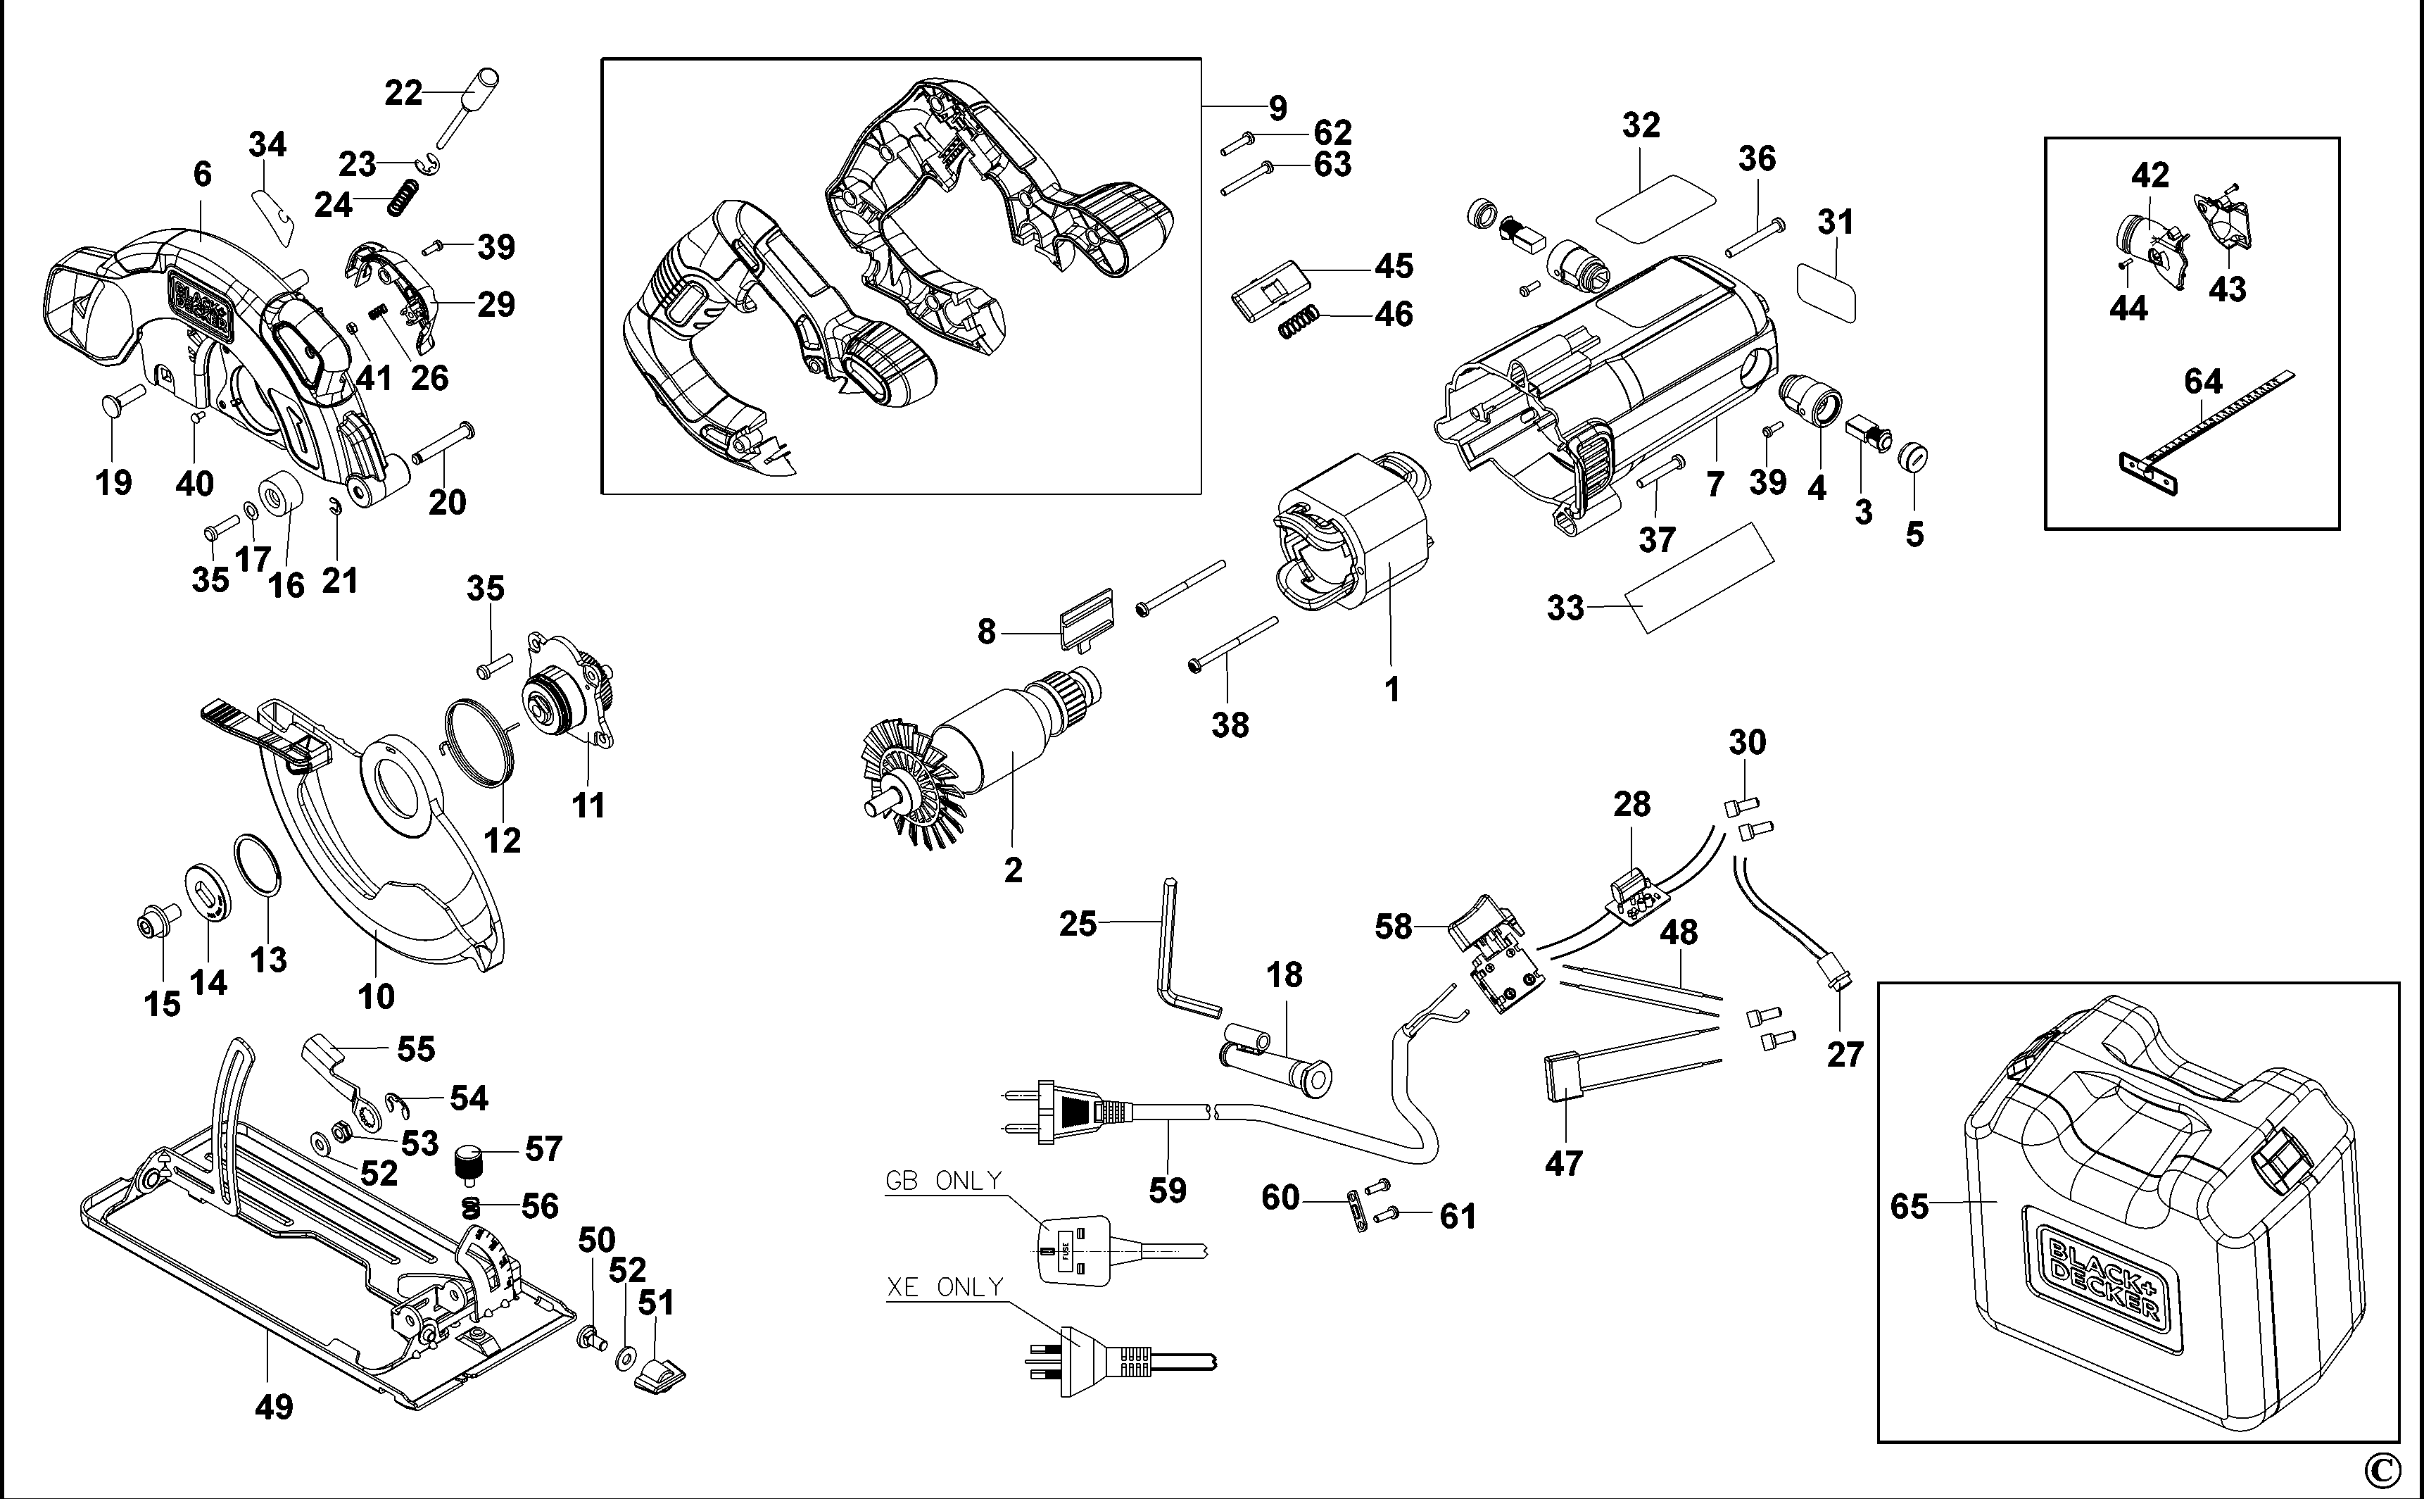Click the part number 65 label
(1909, 1207)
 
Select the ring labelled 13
(258, 865)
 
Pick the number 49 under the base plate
(274, 1407)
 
